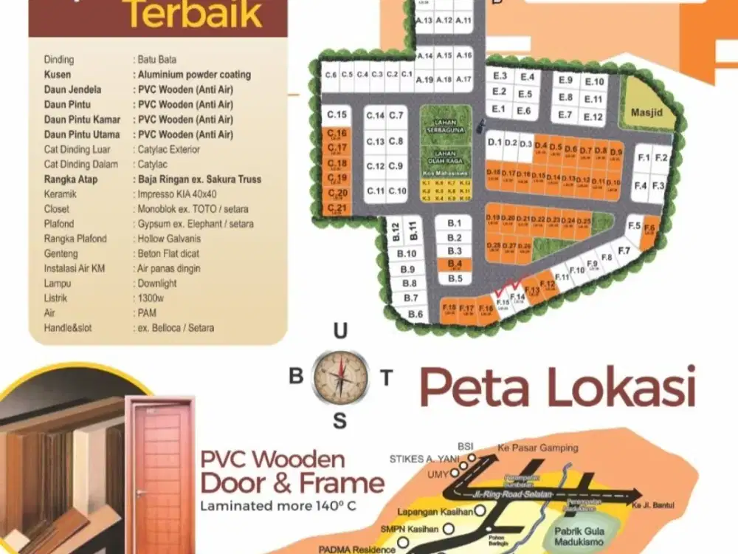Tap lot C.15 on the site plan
pyautogui.click(x=337, y=114)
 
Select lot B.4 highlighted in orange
pyautogui.click(x=455, y=264)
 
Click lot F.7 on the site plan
pyautogui.click(x=624, y=250)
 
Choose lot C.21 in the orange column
pyautogui.click(x=337, y=208)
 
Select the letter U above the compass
pyautogui.click(x=340, y=332)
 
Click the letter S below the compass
pyautogui.click(x=339, y=422)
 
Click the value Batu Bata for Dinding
pyautogui.click(x=156, y=60)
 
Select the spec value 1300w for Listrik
pyautogui.click(x=151, y=298)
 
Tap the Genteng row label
pyautogui.click(x=61, y=253)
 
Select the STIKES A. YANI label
pyautogui.click(x=418, y=459)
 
